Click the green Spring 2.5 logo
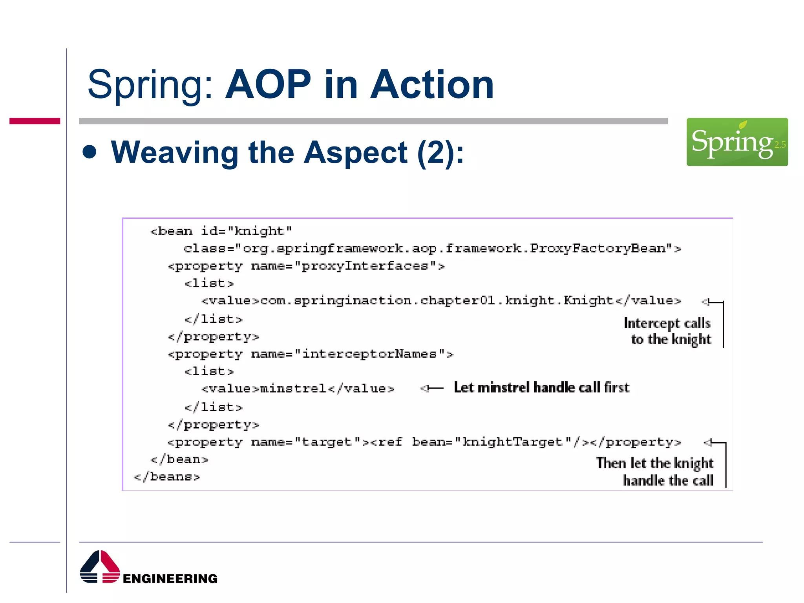tap(737, 142)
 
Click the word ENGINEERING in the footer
tap(170, 579)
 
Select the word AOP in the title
tap(268, 84)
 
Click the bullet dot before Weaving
tap(90, 152)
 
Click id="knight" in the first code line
tap(246, 231)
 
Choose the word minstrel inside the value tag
tap(293, 389)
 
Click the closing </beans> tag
tap(167, 477)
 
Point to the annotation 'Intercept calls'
tap(667, 323)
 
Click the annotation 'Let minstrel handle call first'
tap(541, 388)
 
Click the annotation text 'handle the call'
tap(668, 481)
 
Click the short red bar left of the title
tap(35, 121)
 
